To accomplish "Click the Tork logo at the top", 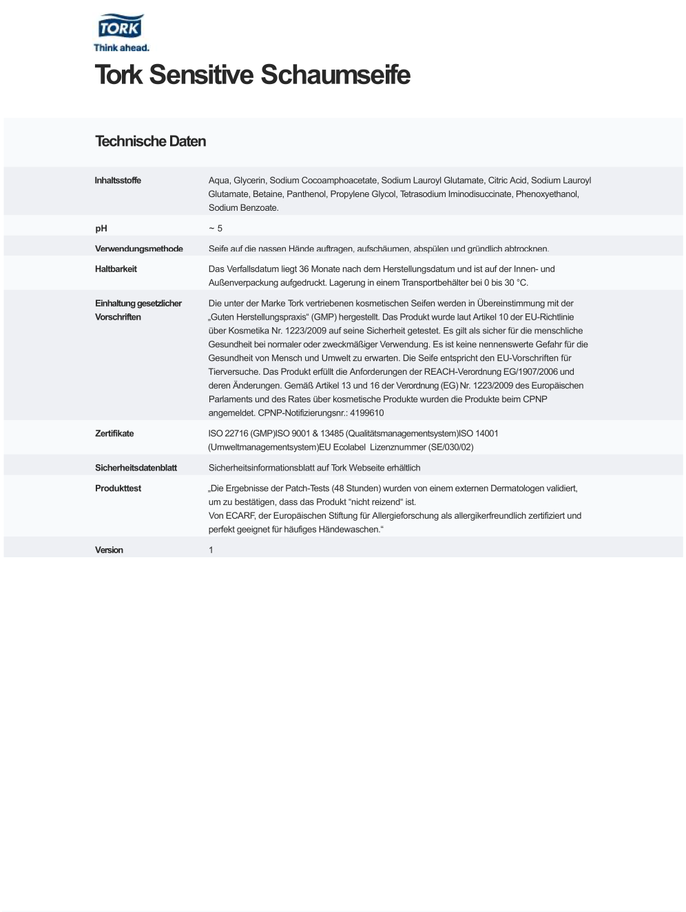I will (x=121, y=28).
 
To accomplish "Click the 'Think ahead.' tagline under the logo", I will (x=121, y=48).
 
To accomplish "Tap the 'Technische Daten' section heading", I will (x=150, y=142).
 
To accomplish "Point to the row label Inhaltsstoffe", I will (x=118, y=180).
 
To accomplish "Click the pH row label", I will (x=101, y=229).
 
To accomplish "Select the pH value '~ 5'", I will (x=216, y=229).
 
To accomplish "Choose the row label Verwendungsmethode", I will (x=139, y=249).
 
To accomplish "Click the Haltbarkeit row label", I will (x=116, y=269).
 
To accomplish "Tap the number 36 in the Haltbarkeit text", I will (x=304, y=269).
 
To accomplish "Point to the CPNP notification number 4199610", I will (x=366, y=413).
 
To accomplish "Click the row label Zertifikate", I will (x=114, y=434).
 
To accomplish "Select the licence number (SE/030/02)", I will (x=450, y=448).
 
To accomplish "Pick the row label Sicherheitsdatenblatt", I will (x=136, y=468).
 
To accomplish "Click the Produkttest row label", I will (x=118, y=488).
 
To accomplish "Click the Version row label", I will (x=109, y=550).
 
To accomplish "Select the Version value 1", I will (x=211, y=550).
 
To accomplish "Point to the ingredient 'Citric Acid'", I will (x=507, y=180).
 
